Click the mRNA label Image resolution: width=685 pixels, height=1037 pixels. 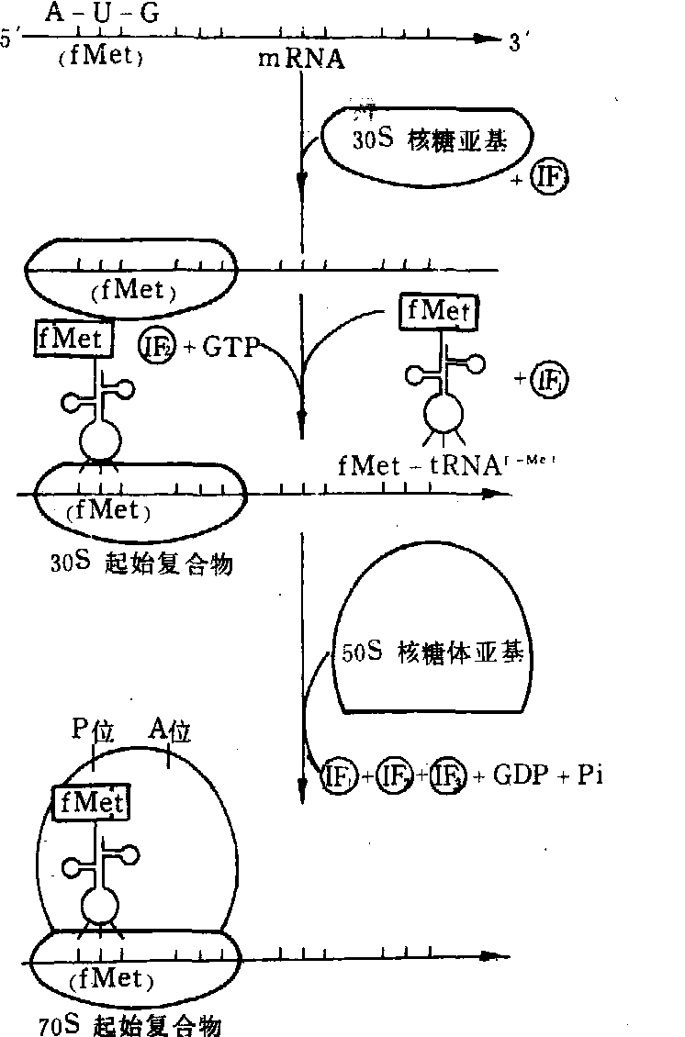coord(300,60)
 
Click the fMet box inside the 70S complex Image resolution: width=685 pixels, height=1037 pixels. coord(91,803)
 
